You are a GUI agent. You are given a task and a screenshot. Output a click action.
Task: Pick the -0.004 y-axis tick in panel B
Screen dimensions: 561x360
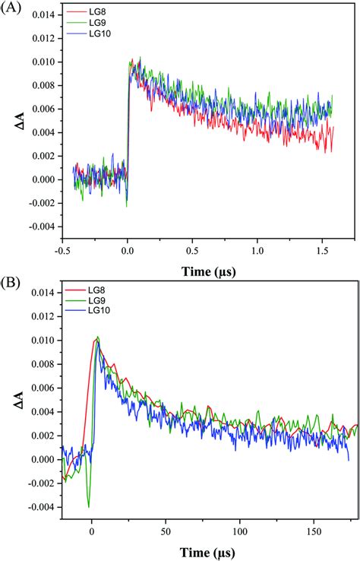coord(39,507)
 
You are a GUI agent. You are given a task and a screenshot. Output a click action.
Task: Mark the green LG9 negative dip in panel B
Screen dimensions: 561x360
coord(89,506)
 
